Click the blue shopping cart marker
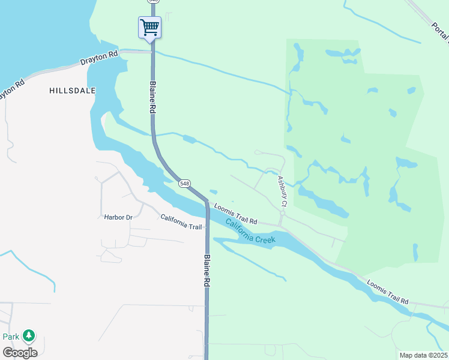[x=149, y=28]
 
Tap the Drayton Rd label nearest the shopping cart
[x=100, y=58]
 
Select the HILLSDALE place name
[x=72, y=90]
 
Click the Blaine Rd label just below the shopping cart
[x=153, y=98]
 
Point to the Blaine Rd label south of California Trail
[x=206, y=269]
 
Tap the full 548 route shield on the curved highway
[x=185, y=184]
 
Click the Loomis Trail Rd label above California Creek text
[x=235, y=213]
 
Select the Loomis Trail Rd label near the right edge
[x=387, y=292]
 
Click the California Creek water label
[x=251, y=232]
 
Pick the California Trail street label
[x=181, y=222]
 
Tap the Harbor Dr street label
[x=118, y=217]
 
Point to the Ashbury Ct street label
[x=282, y=191]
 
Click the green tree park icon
[x=28, y=335]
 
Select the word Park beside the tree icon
[x=10, y=337]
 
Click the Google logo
[x=20, y=352]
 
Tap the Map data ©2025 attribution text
[x=423, y=355]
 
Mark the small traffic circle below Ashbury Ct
[x=282, y=212]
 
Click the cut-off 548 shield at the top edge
[x=154, y=1]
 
